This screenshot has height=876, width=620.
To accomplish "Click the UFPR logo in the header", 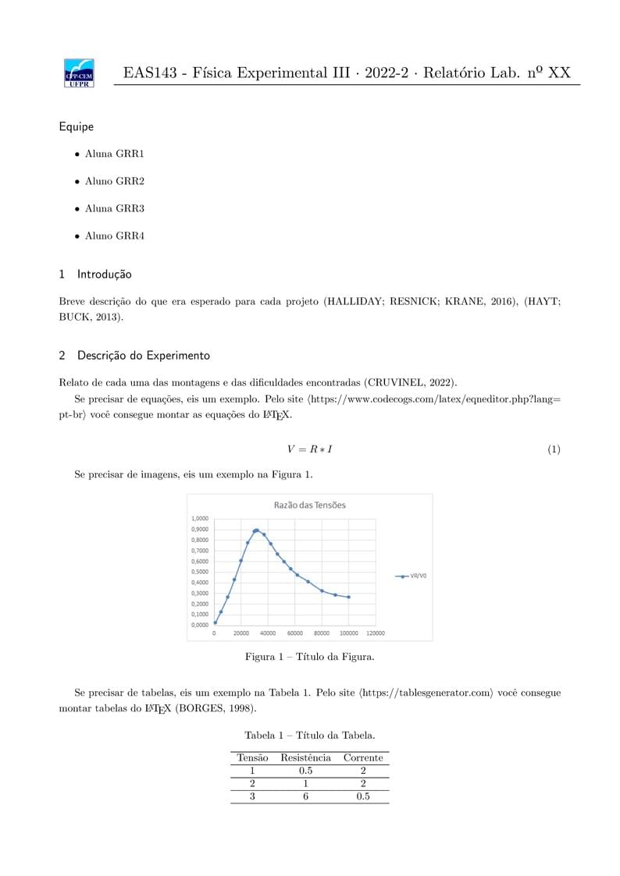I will coord(79,73).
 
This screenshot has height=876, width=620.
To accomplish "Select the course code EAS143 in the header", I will coord(149,73).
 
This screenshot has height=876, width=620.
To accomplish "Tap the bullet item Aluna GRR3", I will coord(114,208).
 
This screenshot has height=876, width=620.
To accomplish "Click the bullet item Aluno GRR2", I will coord(114,181).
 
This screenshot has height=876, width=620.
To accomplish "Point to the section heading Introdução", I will coord(104,275).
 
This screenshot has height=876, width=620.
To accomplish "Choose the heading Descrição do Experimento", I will coord(143,356).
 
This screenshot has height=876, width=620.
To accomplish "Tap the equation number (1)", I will coord(554,449).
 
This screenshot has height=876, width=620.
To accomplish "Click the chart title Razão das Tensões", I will coord(309,505).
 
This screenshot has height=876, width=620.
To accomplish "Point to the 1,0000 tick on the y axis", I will coord(200,519).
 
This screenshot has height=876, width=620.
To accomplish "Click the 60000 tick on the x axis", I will coord(294,633).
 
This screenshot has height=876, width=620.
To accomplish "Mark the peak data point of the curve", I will coord(256,530).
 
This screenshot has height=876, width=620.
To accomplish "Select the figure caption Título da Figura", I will coord(309,657).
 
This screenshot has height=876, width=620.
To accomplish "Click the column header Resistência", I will coord(305,757).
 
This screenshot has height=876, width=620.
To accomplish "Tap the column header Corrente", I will coord(363,757).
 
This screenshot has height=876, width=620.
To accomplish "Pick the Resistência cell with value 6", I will coord(305,796).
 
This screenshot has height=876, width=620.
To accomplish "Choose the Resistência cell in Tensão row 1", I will coord(305,771).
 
